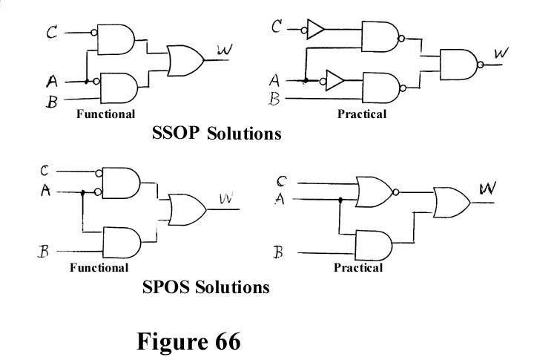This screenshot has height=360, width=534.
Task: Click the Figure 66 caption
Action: click(188, 341)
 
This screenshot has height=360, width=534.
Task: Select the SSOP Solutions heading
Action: click(217, 133)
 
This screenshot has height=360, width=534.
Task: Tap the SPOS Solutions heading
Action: click(206, 287)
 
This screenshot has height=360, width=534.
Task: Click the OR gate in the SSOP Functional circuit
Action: click(185, 61)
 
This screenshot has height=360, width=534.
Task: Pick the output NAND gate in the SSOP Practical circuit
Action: click(459, 65)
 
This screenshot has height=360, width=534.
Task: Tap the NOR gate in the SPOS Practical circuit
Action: click(375, 192)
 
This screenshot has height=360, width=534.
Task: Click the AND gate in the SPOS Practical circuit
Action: click(373, 246)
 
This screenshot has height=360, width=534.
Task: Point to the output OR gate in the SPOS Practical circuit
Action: click(452, 203)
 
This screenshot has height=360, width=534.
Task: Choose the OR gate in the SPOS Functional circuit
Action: click(188, 209)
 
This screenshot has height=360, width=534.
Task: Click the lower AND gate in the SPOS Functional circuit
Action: click(122, 243)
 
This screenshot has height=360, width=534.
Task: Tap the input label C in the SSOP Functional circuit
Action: click(52, 33)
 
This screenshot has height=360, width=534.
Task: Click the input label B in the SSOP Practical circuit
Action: click(274, 99)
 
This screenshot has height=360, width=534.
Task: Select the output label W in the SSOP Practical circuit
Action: click(501, 53)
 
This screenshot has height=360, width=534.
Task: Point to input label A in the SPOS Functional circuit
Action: click(45, 190)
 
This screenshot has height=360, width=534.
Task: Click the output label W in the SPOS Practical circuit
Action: click(488, 188)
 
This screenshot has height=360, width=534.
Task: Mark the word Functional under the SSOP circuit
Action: click(105, 114)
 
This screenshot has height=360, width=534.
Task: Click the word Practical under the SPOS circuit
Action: click(358, 267)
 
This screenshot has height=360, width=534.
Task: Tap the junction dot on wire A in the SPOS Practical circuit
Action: click(340, 200)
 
